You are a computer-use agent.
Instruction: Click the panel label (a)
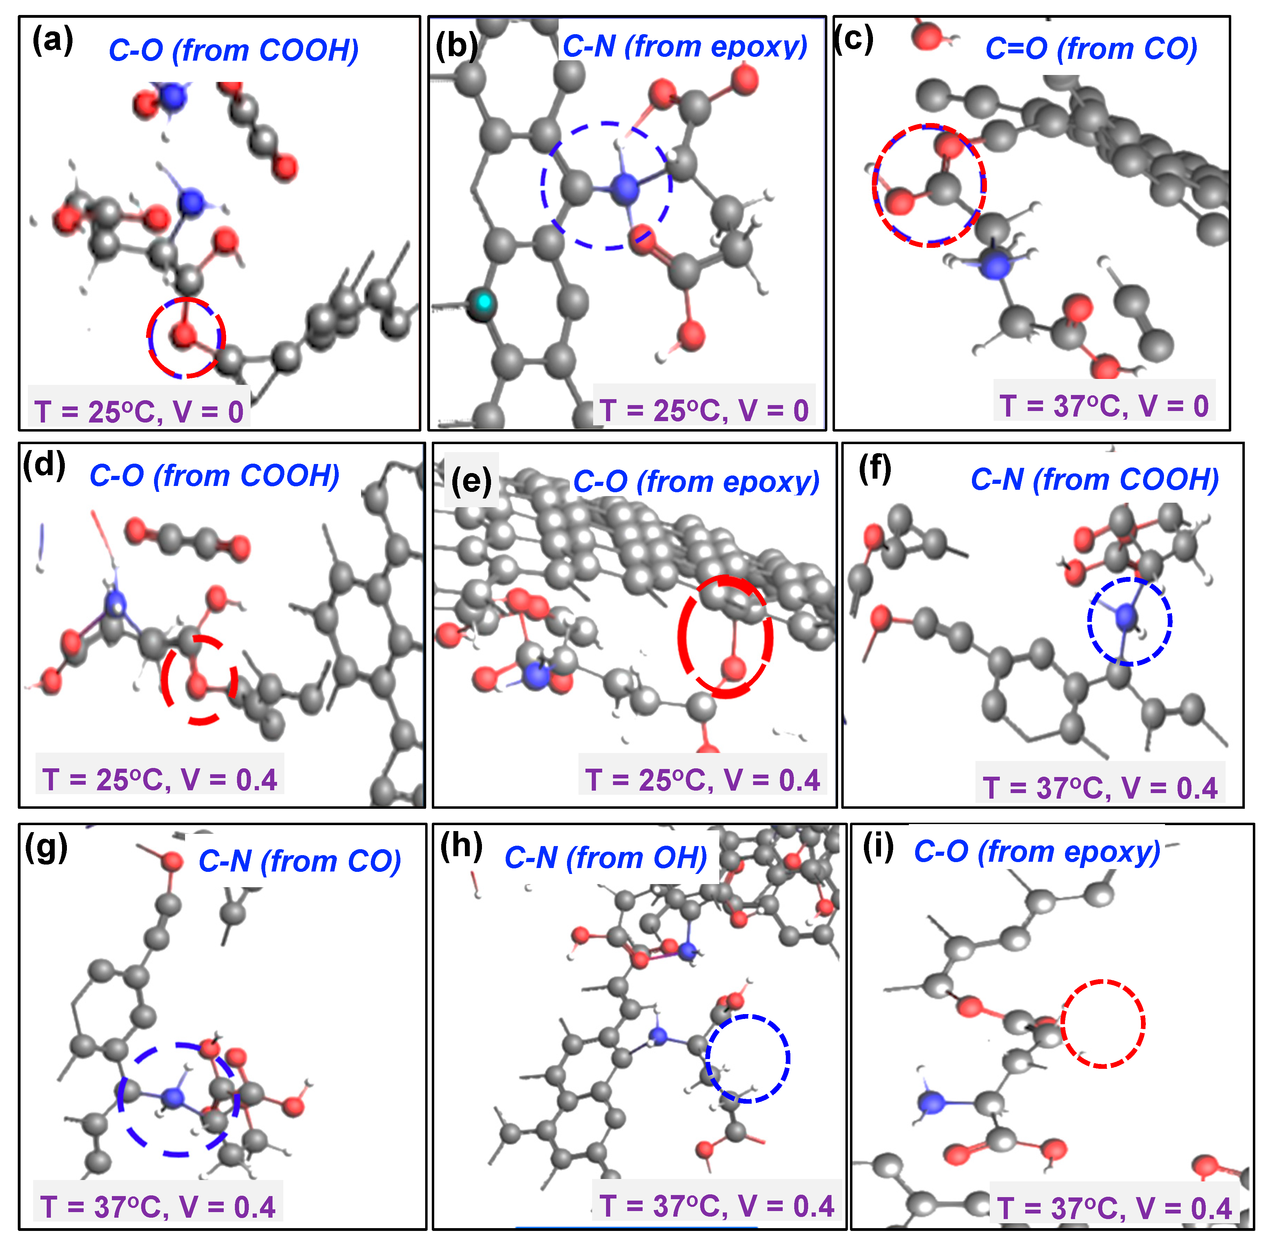(x=52, y=41)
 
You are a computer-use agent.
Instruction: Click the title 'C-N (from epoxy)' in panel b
(x=685, y=46)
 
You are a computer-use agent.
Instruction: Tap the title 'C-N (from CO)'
(x=299, y=861)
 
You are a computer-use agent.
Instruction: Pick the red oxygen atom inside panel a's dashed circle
(x=184, y=336)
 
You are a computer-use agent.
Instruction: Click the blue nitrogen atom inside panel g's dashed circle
(x=173, y=1097)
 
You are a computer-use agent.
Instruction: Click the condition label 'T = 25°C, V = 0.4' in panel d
(x=160, y=779)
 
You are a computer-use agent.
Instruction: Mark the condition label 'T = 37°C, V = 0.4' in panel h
(x=716, y=1205)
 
